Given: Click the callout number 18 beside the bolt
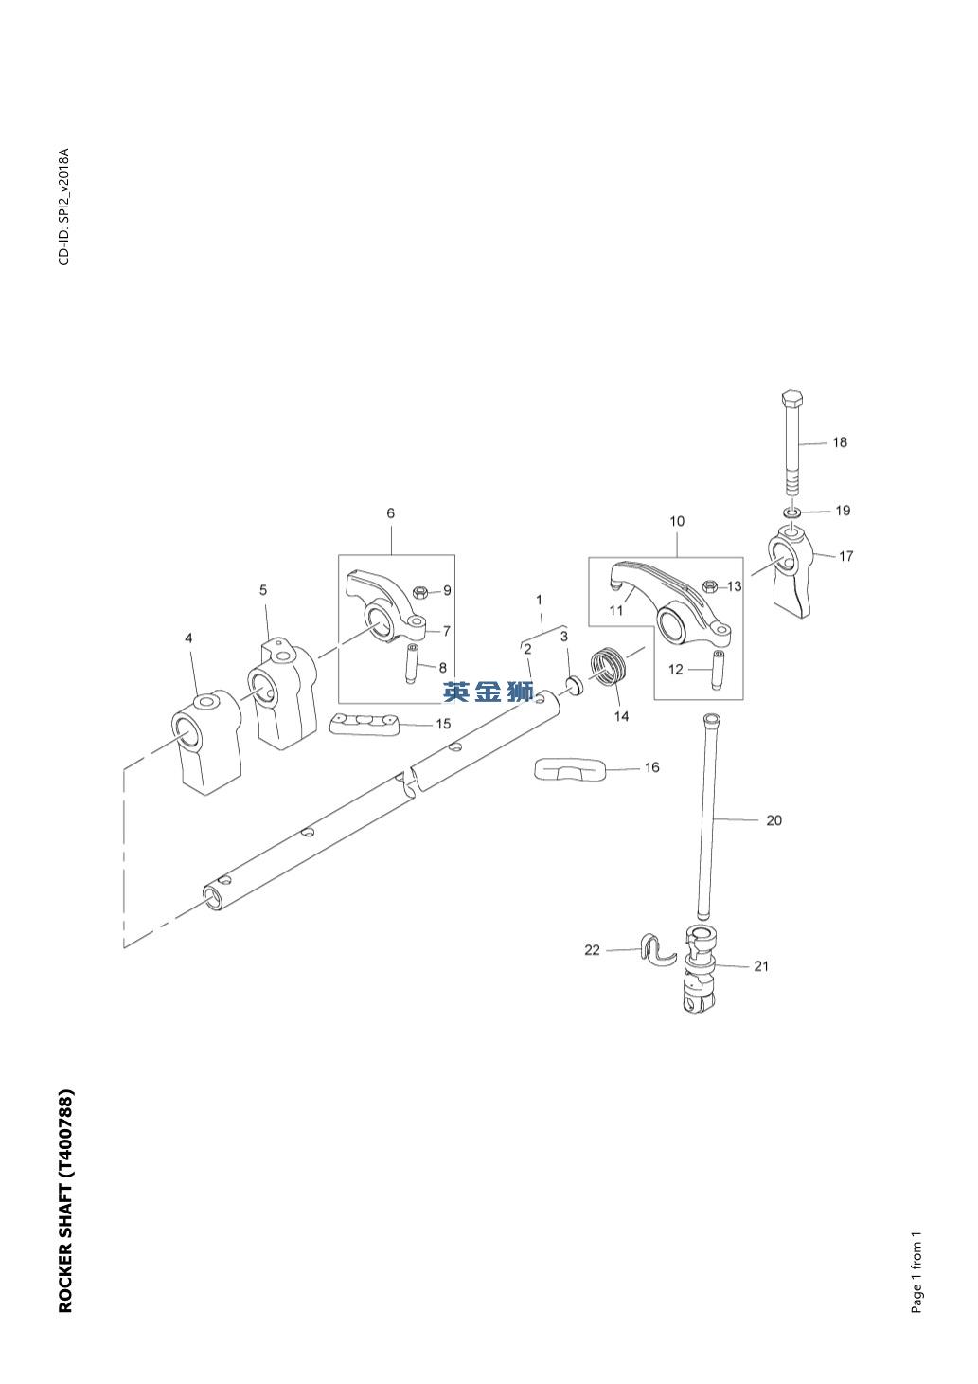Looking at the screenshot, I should point(839,442).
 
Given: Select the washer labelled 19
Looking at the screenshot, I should point(792,512).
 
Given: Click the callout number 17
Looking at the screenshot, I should point(845,556).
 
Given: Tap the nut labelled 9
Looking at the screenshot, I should point(420,593).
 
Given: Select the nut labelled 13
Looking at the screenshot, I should point(710,586).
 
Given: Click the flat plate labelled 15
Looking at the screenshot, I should point(363,725).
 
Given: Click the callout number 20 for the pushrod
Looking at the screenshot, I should point(774,820).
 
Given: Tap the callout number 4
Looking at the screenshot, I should point(188,638).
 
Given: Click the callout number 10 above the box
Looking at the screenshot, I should point(677,521).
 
